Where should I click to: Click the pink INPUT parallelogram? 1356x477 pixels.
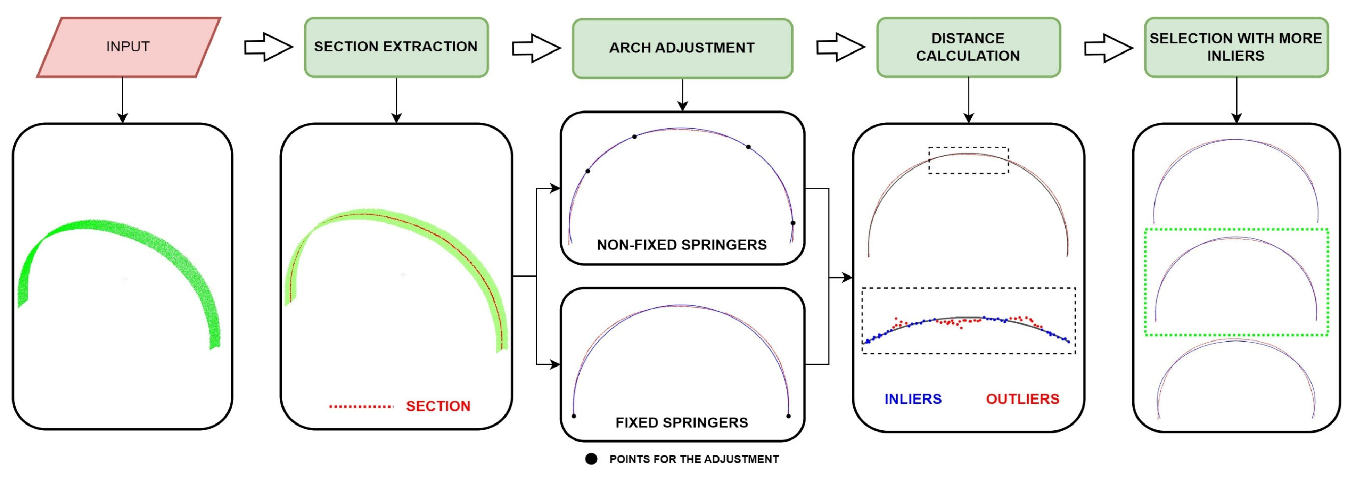click(129, 47)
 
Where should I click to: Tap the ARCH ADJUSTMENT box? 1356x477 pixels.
click(682, 48)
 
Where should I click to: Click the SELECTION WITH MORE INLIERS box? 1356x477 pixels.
click(1236, 47)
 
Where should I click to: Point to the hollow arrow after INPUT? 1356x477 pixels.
click(268, 47)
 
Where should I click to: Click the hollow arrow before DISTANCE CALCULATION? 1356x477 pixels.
click(840, 47)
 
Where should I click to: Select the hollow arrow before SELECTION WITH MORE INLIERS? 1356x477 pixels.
click(1108, 48)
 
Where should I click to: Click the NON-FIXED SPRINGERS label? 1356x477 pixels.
click(682, 245)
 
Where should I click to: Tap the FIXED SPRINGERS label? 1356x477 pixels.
click(682, 422)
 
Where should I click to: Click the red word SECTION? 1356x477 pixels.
click(438, 406)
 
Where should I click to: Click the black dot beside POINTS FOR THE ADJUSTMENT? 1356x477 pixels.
click(591, 459)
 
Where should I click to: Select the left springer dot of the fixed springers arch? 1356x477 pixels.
click(574, 416)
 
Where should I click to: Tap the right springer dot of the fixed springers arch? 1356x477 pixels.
click(789, 416)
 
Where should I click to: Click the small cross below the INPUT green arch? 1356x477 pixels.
click(125, 279)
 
